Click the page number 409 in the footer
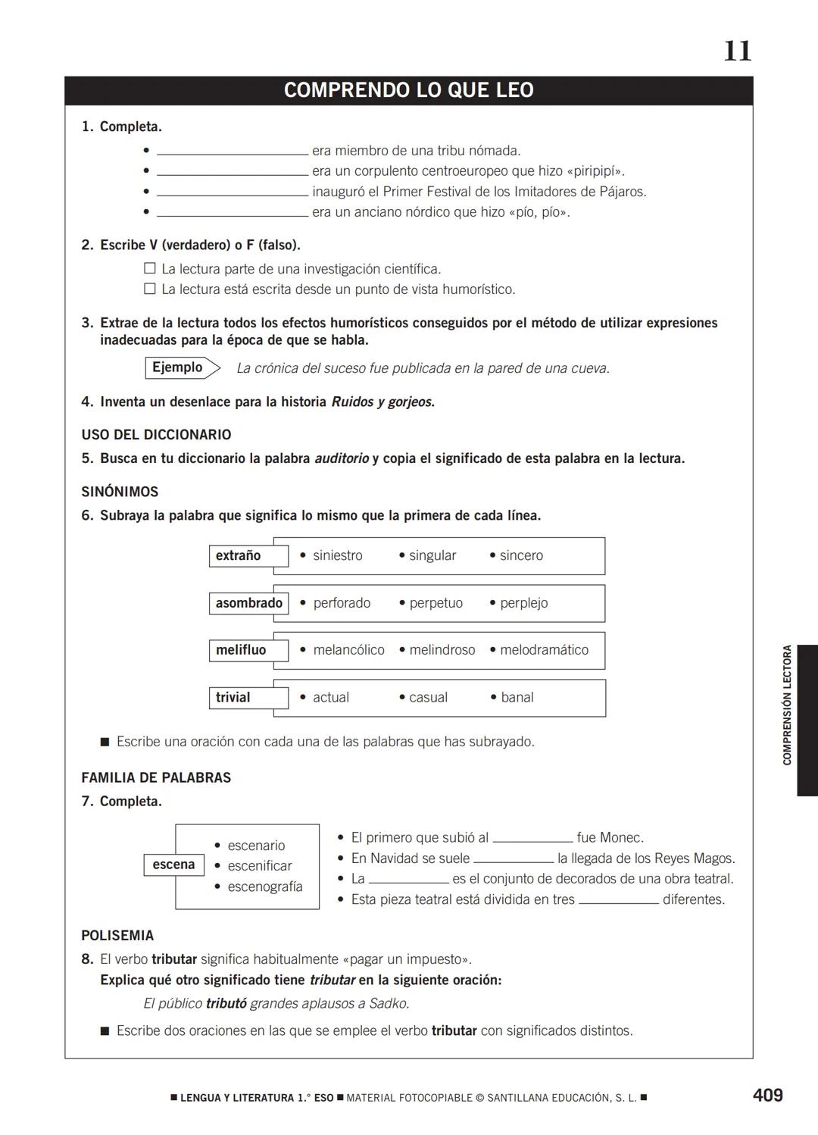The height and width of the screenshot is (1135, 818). click(767, 1095)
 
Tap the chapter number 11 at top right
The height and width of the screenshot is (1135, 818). click(737, 52)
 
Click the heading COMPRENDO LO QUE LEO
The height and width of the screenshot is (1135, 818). click(408, 90)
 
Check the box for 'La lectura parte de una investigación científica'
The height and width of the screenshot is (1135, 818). click(150, 268)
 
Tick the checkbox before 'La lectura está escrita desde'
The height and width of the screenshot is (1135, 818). click(150, 289)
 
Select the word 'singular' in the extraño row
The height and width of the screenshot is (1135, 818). click(432, 555)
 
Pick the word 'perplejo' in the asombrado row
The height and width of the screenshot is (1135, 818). click(523, 603)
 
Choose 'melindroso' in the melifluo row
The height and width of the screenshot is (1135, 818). click(442, 650)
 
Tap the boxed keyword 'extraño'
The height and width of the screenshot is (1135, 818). click(239, 555)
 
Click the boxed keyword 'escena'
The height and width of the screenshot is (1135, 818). click(173, 865)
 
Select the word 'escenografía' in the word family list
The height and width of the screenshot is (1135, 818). click(264, 886)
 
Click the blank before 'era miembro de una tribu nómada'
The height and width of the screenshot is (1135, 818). click(232, 151)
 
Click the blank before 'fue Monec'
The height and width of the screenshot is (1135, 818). click(532, 838)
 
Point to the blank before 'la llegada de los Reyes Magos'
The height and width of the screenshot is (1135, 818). click(514, 858)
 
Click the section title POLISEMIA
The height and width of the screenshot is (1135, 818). click(117, 936)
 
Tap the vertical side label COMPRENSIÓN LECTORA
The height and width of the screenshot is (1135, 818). click(788, 705)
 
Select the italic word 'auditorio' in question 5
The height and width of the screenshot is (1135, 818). click(341, 458)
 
